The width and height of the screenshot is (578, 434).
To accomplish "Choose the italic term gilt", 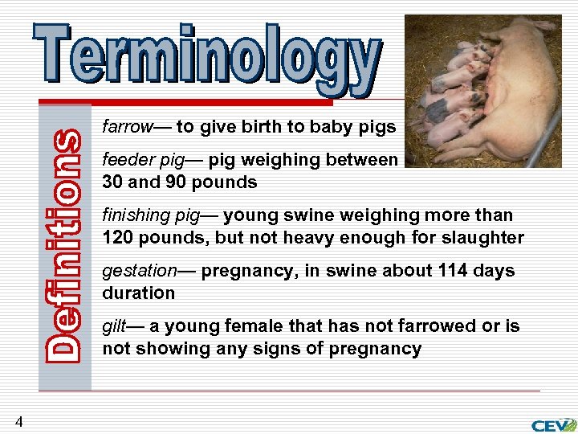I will click(113, 326).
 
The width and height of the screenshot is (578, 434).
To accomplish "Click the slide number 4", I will click(18, 421).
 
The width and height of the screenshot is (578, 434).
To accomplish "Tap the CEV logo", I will click(553, 424).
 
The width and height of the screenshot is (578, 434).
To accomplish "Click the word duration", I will click(138, 293).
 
